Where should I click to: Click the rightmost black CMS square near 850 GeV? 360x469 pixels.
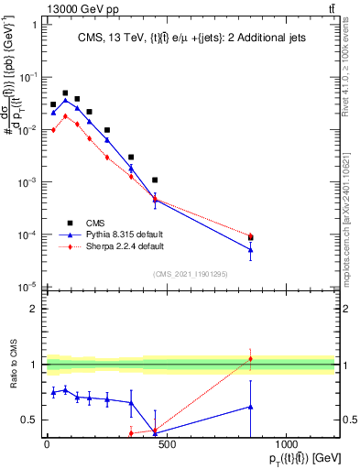(250, 238)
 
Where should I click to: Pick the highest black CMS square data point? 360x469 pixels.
(65, 93)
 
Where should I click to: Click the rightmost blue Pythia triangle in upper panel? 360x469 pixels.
(250, 249)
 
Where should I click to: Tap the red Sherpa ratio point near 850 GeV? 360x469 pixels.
(250, 358)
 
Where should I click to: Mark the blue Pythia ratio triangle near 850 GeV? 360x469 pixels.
(250, 406)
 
